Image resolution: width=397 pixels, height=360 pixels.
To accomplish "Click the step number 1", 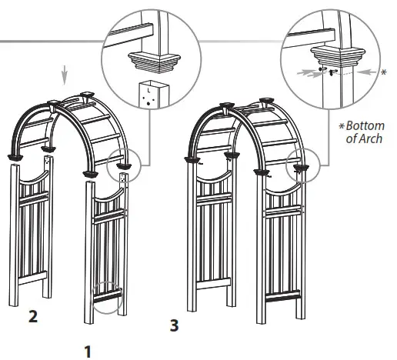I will click(x=88, y=352).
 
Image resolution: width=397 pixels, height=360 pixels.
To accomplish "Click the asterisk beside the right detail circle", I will click(x=383, y=73).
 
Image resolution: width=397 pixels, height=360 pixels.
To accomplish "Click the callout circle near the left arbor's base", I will click(x=108, y=295).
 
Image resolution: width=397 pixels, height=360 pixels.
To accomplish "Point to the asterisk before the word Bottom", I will click(x=341, y=125).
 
